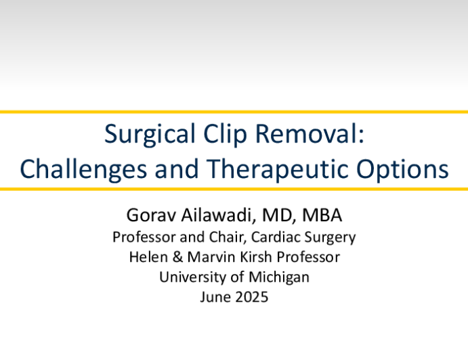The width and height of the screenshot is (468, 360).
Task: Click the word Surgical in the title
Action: click(x=150, y=135)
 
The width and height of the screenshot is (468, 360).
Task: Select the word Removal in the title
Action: click(x=310, y=133)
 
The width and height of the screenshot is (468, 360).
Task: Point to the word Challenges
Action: click(x=83, y=170)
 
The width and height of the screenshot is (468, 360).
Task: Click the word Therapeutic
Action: click(x=277, y=170)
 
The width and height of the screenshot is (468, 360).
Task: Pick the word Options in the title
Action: click(x=402, y=170)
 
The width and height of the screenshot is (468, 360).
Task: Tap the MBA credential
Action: click(x=322, y=215)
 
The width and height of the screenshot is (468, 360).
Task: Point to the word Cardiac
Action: click(x=276, y=237)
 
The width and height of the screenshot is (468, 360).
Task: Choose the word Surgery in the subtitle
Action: click(x=330, y=238)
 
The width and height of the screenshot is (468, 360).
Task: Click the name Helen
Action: click(x=148, y=257)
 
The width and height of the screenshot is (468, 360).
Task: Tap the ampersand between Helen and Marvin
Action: click(x=177, y=257)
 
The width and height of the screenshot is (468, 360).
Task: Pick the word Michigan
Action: click(x=279, y=277)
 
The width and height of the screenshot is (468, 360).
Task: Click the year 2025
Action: click(x=251, y=297)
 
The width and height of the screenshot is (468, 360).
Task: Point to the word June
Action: click(x=215, y=297)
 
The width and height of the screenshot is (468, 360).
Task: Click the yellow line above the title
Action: click(x=234, y=112)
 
